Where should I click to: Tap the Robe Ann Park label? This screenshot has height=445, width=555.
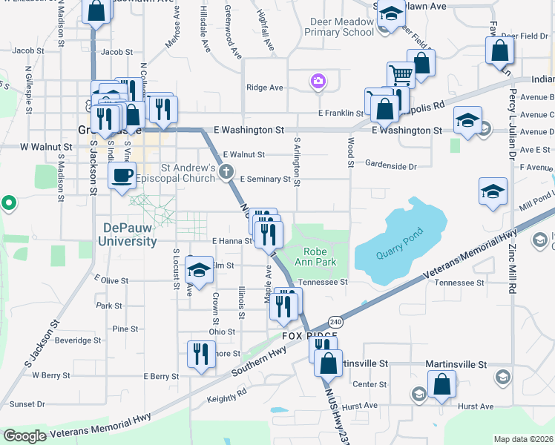(321, 257)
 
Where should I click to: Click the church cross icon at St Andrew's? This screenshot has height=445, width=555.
(228, 173)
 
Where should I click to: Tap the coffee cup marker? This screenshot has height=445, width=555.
(122, 176)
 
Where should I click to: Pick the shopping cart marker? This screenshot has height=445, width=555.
(401, 74)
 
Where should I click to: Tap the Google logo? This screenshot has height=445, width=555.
(25, 435)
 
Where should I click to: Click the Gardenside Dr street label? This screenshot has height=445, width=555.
(391, 166)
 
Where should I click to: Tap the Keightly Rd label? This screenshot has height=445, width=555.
(227, 398)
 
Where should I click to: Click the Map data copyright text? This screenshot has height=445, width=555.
(523, 439)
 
